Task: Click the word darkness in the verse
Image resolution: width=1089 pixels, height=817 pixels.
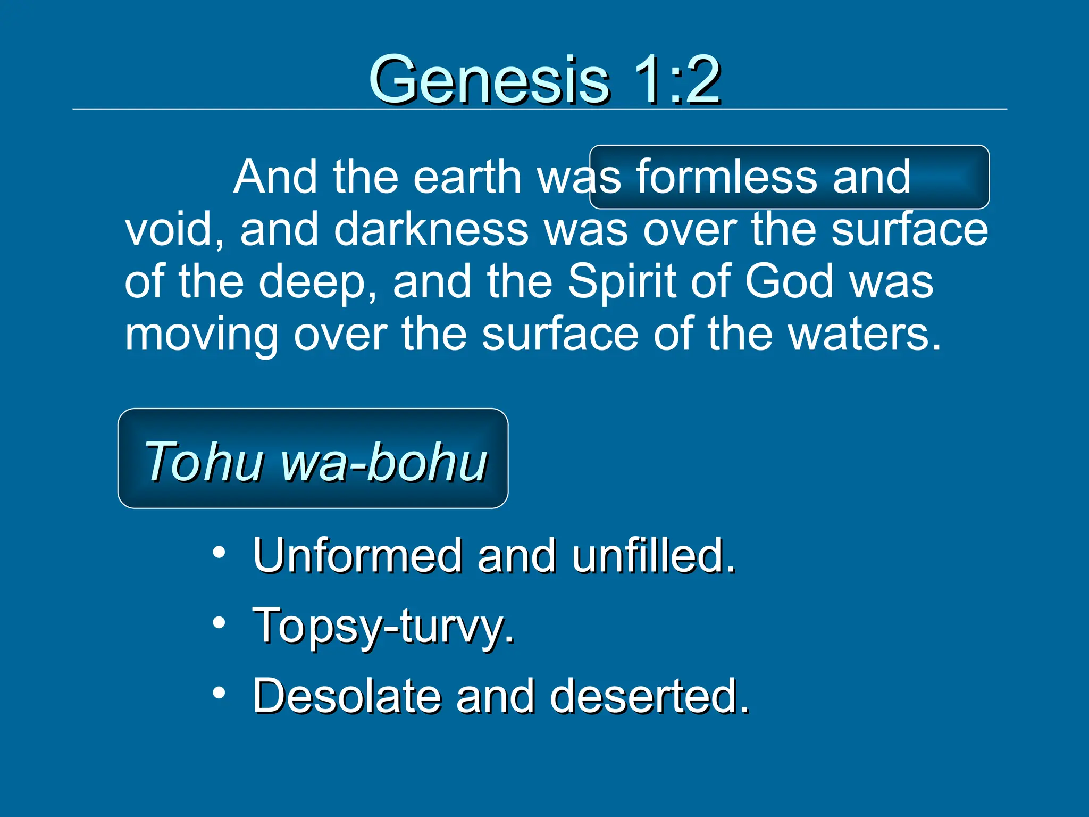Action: click(x=431, y=230)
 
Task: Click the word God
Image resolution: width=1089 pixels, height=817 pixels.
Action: click(x=789, y=282)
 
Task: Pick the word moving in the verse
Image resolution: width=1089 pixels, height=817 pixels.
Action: click(x=201, y=335)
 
